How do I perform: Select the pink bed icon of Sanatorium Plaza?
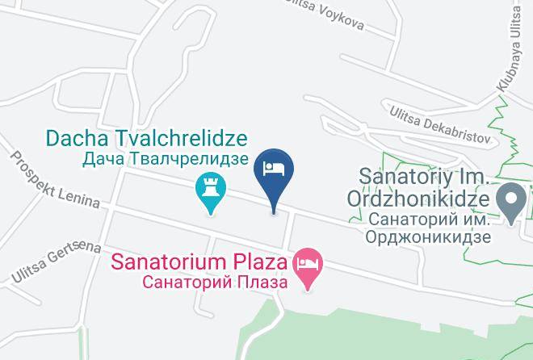tap(307, 264)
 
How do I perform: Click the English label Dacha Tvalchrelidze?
tap(146, 138)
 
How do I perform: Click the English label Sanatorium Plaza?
tap(199, 262)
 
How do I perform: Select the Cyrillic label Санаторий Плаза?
tap(214, 283)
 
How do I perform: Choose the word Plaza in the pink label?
tap(261, 262)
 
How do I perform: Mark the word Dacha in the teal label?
tap(76, 138)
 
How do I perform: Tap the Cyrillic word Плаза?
tap(259, 283)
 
